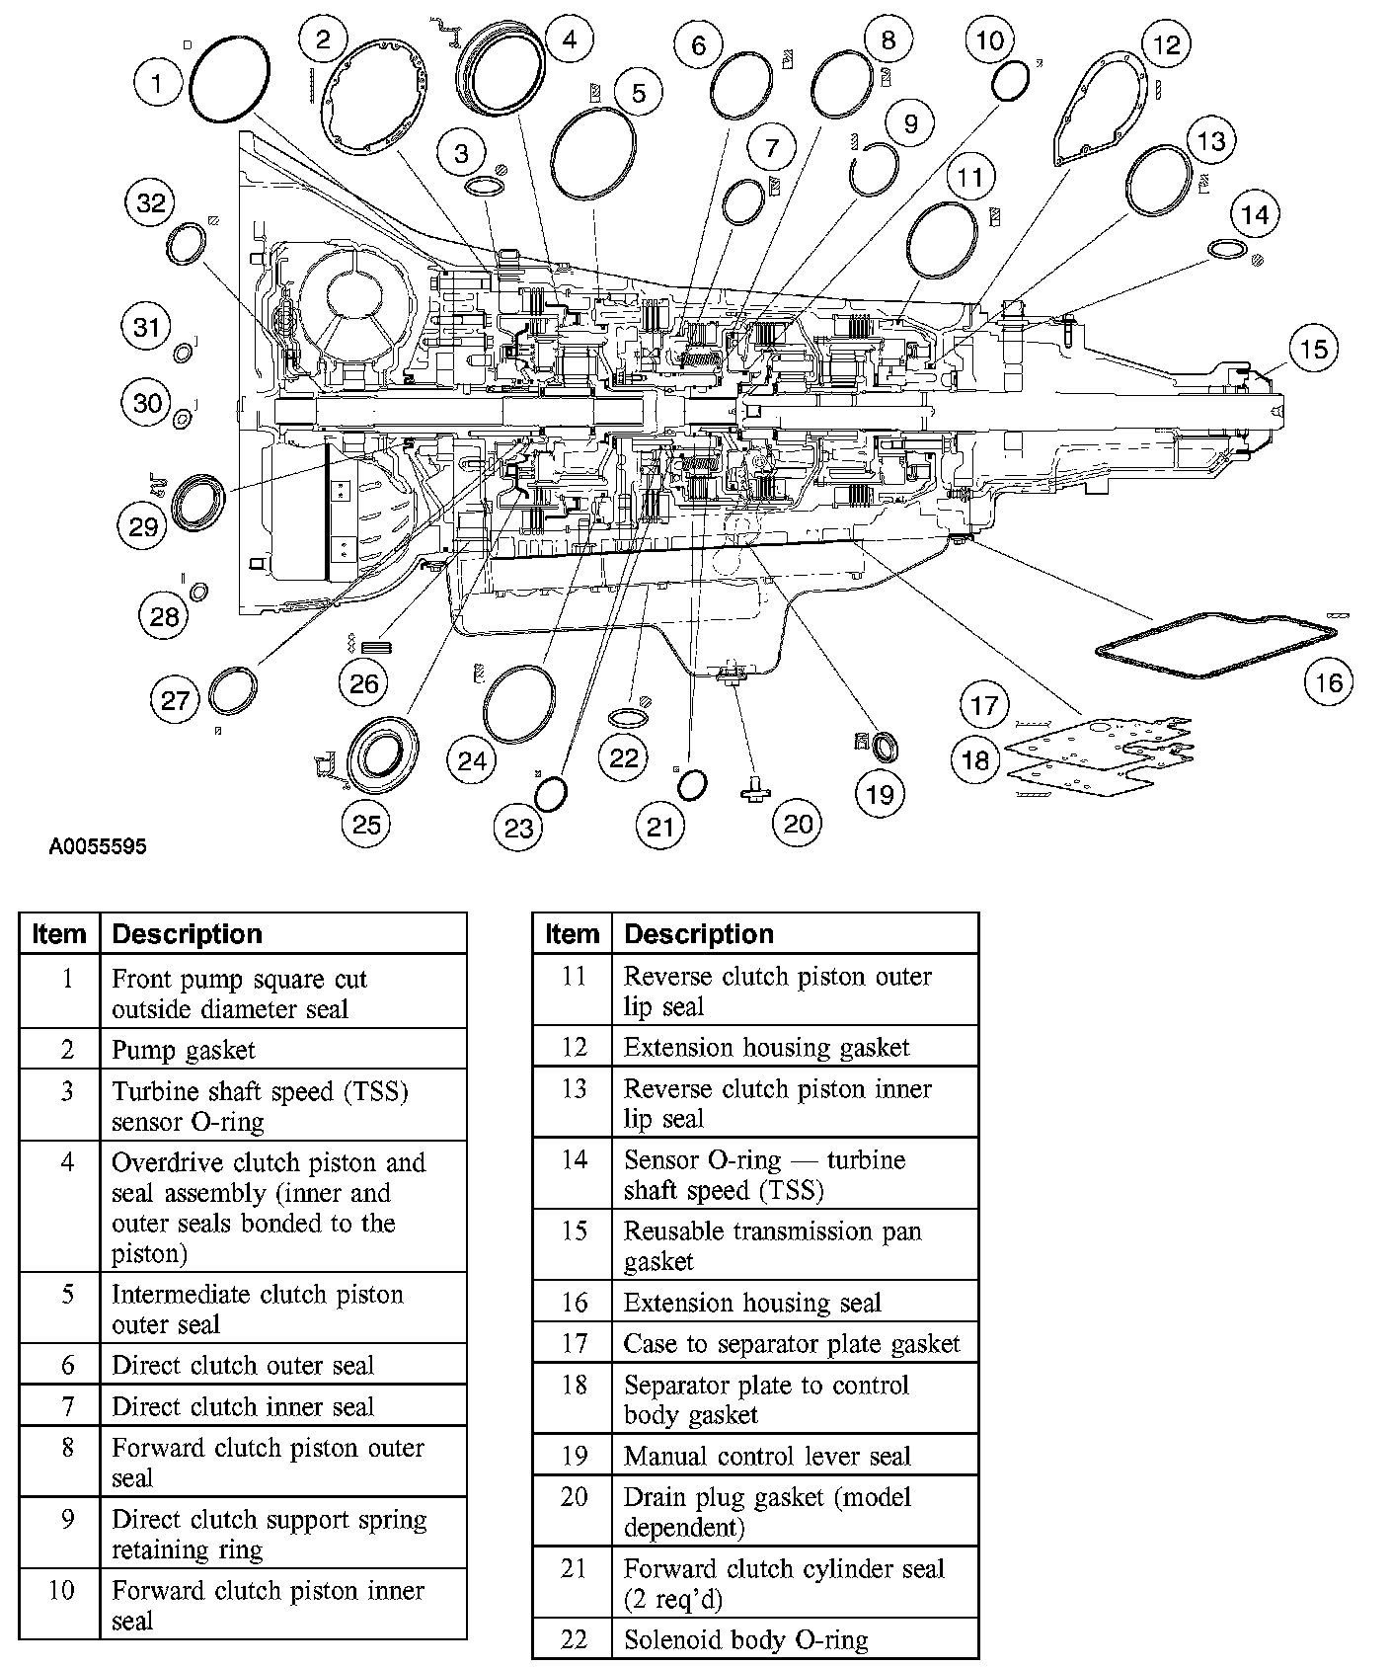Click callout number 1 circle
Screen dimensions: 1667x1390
click(157, 84)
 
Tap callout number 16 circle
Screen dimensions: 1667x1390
click(1328, 681)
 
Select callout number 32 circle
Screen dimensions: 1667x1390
click(150, 203)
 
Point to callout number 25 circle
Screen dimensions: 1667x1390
click(366, 824)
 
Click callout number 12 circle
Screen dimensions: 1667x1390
click(1166, 44)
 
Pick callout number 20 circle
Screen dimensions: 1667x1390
click(797, 823)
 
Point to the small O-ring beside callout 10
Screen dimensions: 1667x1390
click(1009, 81)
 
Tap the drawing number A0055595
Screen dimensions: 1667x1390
click(98, 847)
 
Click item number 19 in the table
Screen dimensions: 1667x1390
click(574, 1456)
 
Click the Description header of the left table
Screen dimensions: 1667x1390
click(188, 934)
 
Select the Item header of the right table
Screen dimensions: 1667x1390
click(573, 934)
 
